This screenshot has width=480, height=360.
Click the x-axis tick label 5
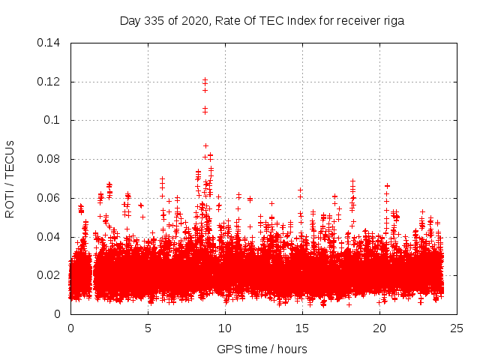tap(148, 328)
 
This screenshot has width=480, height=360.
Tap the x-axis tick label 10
tap(225, 328)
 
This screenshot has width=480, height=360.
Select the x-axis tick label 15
tap(302, 328)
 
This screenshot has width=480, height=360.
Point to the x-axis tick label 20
tap(379, 328)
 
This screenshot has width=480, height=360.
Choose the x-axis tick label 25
tap(457, 328)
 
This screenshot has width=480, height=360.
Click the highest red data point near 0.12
tap(205, 79)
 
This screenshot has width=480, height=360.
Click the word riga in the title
tap(393, 21)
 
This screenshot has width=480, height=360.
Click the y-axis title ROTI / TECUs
tap(10, 178)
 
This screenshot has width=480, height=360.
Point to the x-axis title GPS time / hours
tap(262, 349)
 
